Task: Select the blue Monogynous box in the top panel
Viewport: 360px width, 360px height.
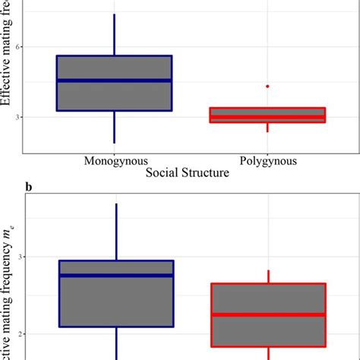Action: click(x=115, y=95)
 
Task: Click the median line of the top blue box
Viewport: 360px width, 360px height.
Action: click(x=115, y=81)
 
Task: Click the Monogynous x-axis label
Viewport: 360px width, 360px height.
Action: click(x=115, y=161)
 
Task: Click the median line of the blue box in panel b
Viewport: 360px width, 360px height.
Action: click(x=115, y=275)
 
